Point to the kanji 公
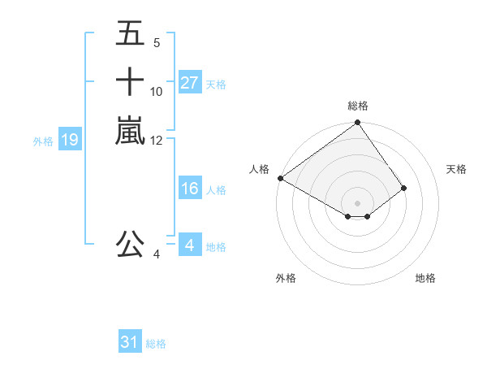pos(130,245)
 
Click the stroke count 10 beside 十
pos(157,91)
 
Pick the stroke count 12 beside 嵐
pos(157,140)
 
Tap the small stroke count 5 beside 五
pos(157,43)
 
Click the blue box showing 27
pos(189,83)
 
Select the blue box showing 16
pos(189,189)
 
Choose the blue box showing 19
pos(70,140)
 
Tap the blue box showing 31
pos(130,343)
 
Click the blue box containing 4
pos(189,245)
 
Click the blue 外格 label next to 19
pos(43,141)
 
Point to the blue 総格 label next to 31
pos(156,344)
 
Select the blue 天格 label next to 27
pos(216,84)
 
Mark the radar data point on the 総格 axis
pos(357,124)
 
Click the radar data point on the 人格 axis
pos(280,178)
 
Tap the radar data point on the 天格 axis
pos(403,188)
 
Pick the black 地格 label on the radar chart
pos(425,278)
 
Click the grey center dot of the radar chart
pos(357,203)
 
